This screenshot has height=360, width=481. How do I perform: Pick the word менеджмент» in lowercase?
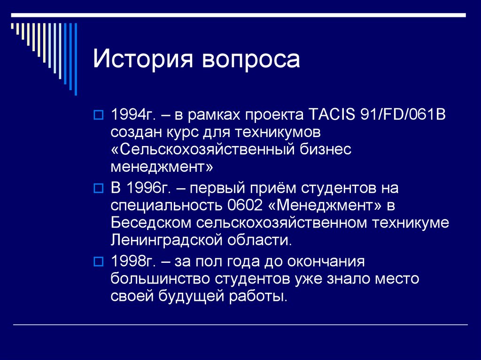click(162, 167)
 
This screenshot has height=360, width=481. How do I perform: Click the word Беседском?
click(151, 223)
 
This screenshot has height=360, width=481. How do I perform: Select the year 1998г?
click(134, 261)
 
